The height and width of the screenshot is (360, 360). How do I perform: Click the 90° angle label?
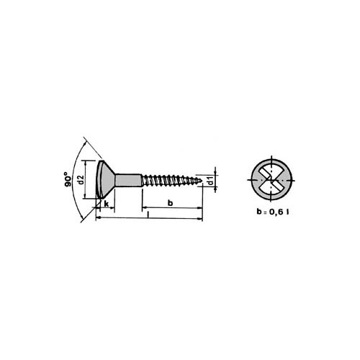tap(68, 179)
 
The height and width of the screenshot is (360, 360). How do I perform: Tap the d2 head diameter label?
tap(81, 179)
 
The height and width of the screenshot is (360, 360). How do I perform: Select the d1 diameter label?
tap(210, 181)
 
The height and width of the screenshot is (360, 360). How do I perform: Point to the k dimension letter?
tap(107, 204)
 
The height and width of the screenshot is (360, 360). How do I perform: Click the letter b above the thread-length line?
tap(170, 203)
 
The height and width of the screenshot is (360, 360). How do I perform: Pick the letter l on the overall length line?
tap(148, 215)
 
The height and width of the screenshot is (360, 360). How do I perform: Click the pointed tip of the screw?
tap(201, 179)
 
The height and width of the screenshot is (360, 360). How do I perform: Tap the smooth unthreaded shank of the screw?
tap(128, 180)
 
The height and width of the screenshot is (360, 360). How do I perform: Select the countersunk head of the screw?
tap(105, 179)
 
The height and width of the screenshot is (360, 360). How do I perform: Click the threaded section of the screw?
tap(171, 180)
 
